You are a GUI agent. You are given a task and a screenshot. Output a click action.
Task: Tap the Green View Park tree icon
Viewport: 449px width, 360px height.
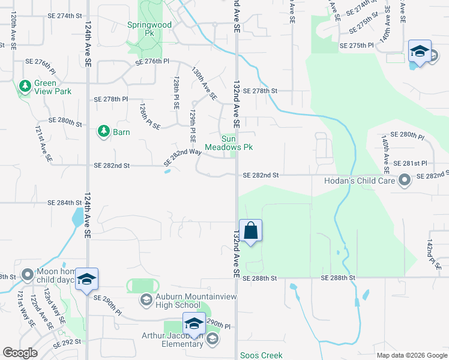pyautogui.click(x=25, y=87)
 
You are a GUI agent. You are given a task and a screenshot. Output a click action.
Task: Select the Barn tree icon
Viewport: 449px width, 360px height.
pyautogui.click(x=103, y=131)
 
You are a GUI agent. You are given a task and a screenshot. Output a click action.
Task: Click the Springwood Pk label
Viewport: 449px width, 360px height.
pyautogui.click(x=149, y=25)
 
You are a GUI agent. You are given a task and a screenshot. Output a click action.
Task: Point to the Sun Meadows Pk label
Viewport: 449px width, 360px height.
pyautogui.click(x=229, y=142)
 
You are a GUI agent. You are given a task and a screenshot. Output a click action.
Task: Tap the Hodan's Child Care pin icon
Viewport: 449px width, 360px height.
pyautogui.click(x=405, y=179)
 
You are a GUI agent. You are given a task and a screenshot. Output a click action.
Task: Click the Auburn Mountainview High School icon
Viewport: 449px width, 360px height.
pyautogui.click(x=146, y=299)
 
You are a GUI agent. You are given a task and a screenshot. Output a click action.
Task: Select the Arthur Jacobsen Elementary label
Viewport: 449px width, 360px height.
pyautogui.click(x=172, y=340)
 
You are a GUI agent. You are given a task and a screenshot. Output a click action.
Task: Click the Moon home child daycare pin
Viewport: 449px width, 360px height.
pyautogui.click(x=28, y=275)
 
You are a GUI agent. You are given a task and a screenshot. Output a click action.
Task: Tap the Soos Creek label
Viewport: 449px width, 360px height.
pyautogui.click(x=261, y=355)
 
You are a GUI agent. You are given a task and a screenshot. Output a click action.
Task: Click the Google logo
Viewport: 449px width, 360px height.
pyautogui.click(x=20, y=353)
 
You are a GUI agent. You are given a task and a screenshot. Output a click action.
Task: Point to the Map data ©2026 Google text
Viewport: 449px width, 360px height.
pyautogui.click(x=412, y=355)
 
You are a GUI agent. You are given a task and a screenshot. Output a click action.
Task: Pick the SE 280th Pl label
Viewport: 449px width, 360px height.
pyautogui.click(x=407, y=136)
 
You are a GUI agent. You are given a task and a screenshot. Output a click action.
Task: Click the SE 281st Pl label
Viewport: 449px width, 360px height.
pyautogui.click(x=414, y=163)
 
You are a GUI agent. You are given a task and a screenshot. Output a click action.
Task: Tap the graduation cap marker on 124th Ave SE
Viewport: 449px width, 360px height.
pyautogui.click(x=86, y=280)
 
